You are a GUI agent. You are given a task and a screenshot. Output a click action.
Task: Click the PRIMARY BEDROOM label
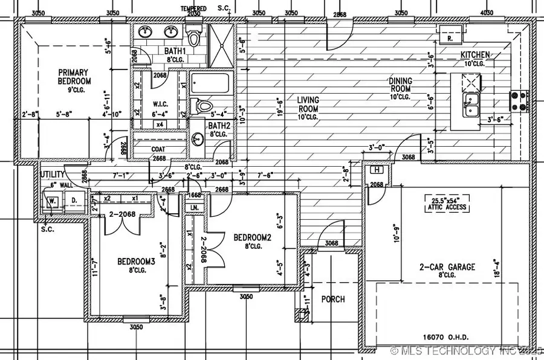[x=74, y=77]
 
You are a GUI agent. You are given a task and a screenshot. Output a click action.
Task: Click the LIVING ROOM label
[x=308, y=104]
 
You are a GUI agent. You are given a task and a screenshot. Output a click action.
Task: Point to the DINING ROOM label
[x=400, y=88]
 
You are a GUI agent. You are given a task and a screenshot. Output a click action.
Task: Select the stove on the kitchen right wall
[x=519, y=101]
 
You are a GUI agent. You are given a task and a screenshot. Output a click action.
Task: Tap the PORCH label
[x=333, y=299]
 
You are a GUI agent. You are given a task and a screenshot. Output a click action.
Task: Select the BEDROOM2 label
[x=252, y=242]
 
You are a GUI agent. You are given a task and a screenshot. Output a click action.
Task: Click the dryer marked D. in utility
[x=74, y=200]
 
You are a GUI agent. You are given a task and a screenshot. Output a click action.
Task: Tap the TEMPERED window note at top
[x=193, y=8]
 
